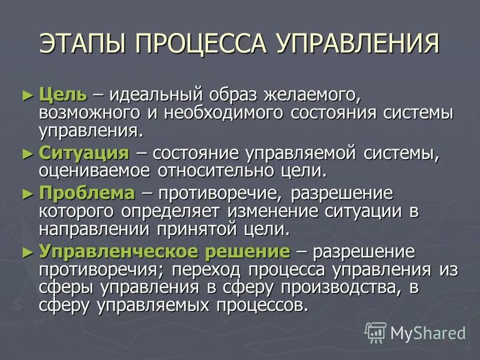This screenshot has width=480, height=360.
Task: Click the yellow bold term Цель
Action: click(62, 94)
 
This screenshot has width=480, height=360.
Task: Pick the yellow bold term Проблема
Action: click(87, 193)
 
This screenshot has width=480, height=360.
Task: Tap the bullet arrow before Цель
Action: click(26, 95)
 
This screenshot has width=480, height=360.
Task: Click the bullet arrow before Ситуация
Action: click(26, 152)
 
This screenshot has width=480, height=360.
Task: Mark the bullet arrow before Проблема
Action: click(26, 194)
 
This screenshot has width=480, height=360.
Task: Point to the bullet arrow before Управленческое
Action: click(26, 251)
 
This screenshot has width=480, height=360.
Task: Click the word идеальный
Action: click(158, 95)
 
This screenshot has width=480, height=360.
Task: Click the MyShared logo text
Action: click(428, 332)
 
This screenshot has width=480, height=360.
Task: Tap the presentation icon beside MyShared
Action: click(376, 332)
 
